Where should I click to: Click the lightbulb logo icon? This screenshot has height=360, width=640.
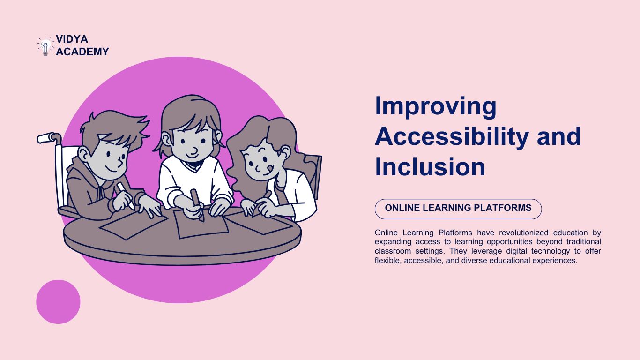click(x=45, y=46)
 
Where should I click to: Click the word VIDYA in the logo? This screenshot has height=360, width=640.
click(x=72, y=39)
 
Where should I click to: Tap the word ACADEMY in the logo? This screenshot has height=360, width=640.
click(x=82, y=52)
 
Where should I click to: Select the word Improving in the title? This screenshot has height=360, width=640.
click(x=435, y=107)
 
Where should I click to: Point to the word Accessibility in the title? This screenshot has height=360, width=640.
click(x=452, y=137)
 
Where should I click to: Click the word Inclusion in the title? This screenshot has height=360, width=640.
click(x=430, y=167)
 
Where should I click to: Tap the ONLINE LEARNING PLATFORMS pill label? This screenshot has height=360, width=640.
click(x=458, y=209)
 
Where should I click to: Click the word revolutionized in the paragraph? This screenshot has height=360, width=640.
click(x=523, y=232)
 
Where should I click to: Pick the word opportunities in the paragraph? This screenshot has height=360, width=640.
click(x=509, y=242)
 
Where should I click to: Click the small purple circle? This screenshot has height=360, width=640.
click(x=58, y=302)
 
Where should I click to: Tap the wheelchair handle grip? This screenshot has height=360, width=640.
click(x=46, y=138)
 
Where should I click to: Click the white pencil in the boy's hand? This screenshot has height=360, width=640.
click(x=125, y=195)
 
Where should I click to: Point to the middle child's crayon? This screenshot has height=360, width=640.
click(x=197, y=204)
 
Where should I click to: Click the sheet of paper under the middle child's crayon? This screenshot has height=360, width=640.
click(x=201, y=224)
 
